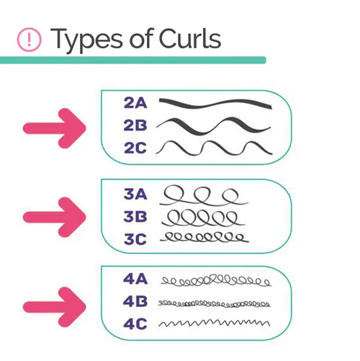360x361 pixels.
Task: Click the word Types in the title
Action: pyautogui.click(x=86, y=40)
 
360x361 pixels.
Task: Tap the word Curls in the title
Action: pyautogui.click(x=190, y=38)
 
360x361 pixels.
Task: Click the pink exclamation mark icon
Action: pyautogui.click(x=30, y=40)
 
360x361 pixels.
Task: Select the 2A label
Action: pyautogui.click(x=135, y=103)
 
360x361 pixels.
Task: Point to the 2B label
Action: pyautogui.click(x=135, y=125)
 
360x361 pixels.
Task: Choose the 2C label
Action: pyautogui.click(x=135, y=148)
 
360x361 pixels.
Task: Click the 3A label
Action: pyautogui.click(x=135, y=194)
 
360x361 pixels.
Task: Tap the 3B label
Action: pyautogui.click(x=135, y=216)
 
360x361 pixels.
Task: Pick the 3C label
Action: pyautogui.click(x=135, y=239)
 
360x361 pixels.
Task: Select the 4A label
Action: pyautogui.click(x=135, y=279)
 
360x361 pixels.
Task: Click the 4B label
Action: pyautogui.click(x=135, y=302)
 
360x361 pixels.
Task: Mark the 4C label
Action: pyautogui.click(x=135, y=324)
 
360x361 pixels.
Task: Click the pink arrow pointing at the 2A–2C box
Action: pyautogui.click(x=55, y=128)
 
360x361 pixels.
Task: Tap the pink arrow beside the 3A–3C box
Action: pyautogui.click(x=55, y=217)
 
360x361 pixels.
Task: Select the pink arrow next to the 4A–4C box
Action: pyautogui.click(x=55, y=307)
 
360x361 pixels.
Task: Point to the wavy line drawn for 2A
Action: pyautogui.click(x=215, y=104)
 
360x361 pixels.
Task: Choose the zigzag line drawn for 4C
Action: pyautogui.click(x=214, y=323)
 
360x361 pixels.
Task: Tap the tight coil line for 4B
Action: pyautogui.click(x=214, y=304)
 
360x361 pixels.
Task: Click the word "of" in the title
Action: pyautogui.click(x=140, y=38)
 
